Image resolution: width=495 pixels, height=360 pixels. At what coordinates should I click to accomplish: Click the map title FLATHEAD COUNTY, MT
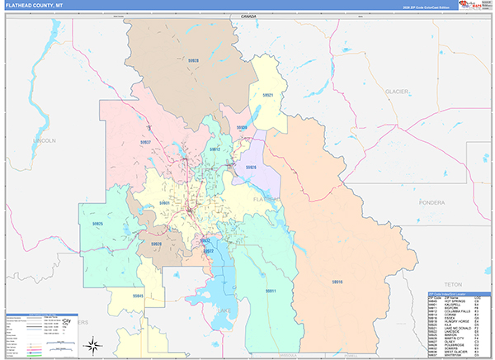pyautogui.click(x=35, y=5)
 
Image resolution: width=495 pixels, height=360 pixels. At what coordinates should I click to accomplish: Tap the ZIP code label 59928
pyautogui.click(x=193, y=60)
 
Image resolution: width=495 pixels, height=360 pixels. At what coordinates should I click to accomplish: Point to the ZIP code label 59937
pyautogui.click(x=145, y=142)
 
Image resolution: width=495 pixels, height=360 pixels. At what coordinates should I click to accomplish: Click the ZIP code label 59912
pyautogui.click(x=214, y=149)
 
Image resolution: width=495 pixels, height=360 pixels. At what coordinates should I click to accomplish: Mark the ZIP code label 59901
pyautogui.click(x=164, y=202)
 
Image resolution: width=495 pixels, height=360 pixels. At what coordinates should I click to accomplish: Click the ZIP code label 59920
pyautogui.click(x=156, y=244)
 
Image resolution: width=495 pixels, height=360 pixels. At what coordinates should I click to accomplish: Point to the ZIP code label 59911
pyautogui.click(x=271, y=291)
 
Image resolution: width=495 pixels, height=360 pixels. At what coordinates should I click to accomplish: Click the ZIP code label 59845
pyautogui.click(x=137, y=295)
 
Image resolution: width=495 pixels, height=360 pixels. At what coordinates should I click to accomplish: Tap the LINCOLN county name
pyautogui.click(x=43, y=141)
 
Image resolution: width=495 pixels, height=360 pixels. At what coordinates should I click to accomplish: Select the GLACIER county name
pyautogui.click(x=396, y=92)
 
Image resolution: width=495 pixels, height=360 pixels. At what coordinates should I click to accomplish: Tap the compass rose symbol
pyautogui.click(x=95, y=344)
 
